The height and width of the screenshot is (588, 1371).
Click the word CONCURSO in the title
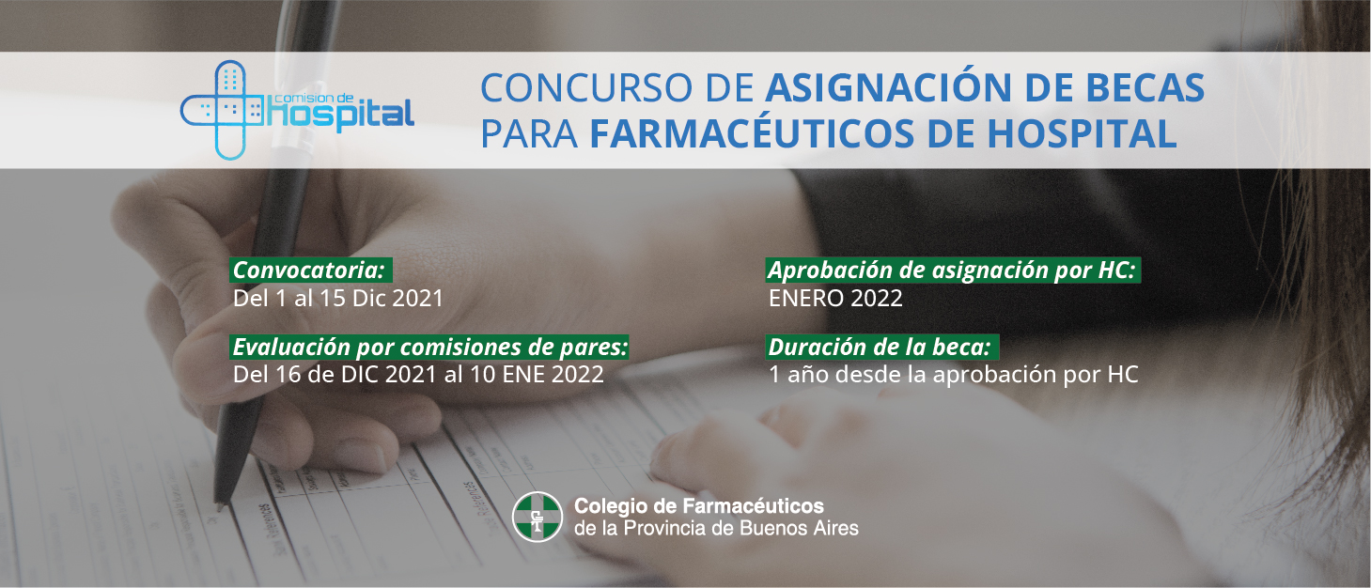coord(586,87)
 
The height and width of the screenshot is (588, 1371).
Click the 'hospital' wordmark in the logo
coord(341,115)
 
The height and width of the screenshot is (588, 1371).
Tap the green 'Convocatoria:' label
coord(310,270)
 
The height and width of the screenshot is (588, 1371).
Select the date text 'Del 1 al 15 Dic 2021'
coord(338,298)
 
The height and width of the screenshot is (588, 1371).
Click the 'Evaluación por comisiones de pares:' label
coord(429,347)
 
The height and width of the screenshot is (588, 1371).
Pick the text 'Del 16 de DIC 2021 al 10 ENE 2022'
coord(419,374)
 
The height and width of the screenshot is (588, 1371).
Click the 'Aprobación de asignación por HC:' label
coord(953,270)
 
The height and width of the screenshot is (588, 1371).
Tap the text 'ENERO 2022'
coord(835,298)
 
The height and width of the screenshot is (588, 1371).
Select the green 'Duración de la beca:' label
coord(882,347)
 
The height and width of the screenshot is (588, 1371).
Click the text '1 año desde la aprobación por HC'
coord(954,375)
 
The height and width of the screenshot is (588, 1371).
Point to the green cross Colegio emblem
coord(537,517)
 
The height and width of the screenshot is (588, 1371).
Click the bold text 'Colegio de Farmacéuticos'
coord(699,506)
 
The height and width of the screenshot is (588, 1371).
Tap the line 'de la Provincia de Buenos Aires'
coord(716,528)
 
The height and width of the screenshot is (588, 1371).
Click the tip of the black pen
coord(220,507)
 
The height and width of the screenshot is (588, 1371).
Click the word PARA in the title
coord(529,133)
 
